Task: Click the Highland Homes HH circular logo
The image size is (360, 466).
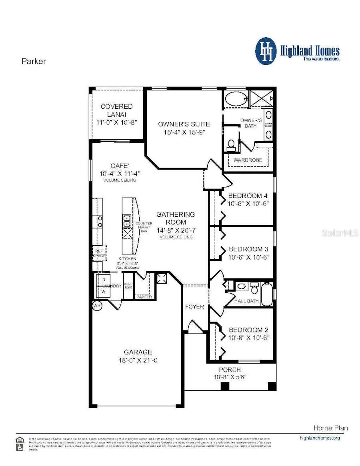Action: (x=266, y=51)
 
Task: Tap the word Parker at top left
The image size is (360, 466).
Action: (x=34, y=61)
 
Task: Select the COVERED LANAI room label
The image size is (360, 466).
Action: (x=116, y=107)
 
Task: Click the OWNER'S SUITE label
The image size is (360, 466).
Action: (x=184, y=124)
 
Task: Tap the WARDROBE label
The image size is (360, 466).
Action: (x=248, y=160)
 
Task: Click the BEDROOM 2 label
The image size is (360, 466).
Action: (x=248, y=330)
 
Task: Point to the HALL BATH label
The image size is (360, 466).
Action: (x=246, y=301)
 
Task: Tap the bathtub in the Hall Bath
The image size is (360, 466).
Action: (x=267, y=294)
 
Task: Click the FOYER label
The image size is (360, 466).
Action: (x=194, y=307)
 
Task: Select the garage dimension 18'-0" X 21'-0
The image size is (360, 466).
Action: (x=138, y=360)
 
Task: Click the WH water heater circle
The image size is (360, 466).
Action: (x=97, y=306)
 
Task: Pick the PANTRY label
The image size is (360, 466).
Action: (x=144, y=297)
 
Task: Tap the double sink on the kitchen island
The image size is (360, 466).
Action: (x=126, y=220)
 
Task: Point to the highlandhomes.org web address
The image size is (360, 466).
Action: (x=320, y=438)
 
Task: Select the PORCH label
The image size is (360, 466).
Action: (x=230, y=370)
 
